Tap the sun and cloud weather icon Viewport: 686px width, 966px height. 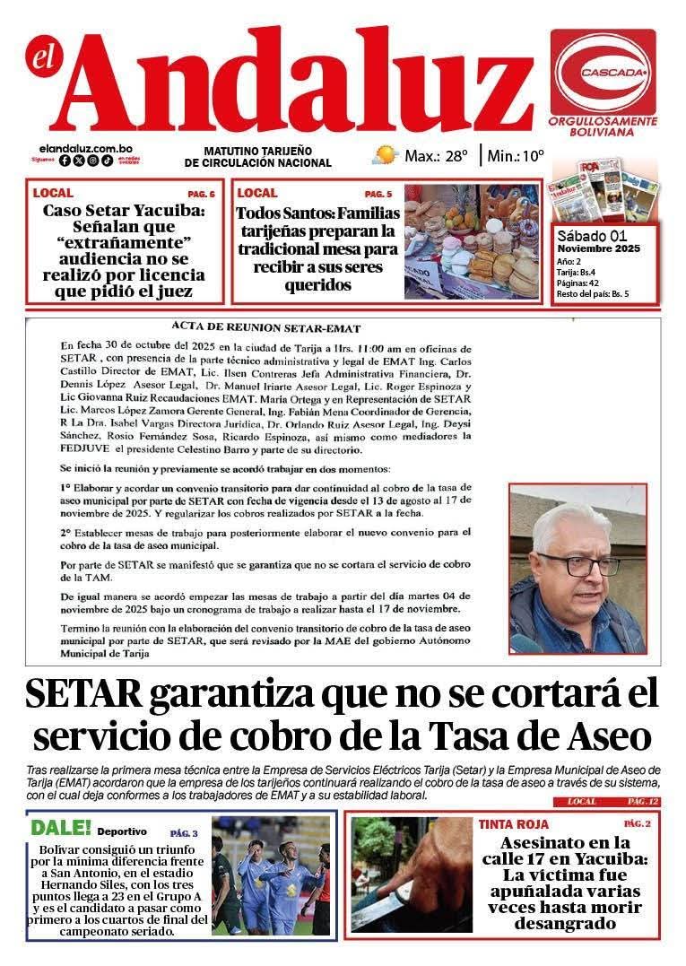point(385,154)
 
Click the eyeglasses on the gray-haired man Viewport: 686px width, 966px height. point(578,565)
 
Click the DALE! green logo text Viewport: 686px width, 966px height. point(61,828)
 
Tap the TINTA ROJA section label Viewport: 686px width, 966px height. point(513,823)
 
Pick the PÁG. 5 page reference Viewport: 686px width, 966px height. point(378,194)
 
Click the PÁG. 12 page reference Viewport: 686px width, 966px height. point(643,800)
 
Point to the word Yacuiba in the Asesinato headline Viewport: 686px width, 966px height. point(604,858)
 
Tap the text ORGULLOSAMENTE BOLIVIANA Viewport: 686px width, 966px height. point(603,126)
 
